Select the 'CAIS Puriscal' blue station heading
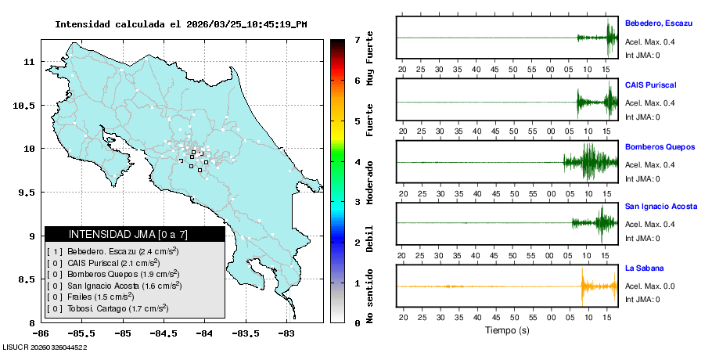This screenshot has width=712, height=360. (650, 85)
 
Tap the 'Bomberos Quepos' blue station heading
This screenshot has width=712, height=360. (659, 146)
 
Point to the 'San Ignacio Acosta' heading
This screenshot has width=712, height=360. (660, 207)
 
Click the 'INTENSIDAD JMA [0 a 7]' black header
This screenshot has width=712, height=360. (135, 234)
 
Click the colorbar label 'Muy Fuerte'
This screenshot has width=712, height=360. (370, 60)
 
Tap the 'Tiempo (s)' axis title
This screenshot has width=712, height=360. (508, 330)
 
